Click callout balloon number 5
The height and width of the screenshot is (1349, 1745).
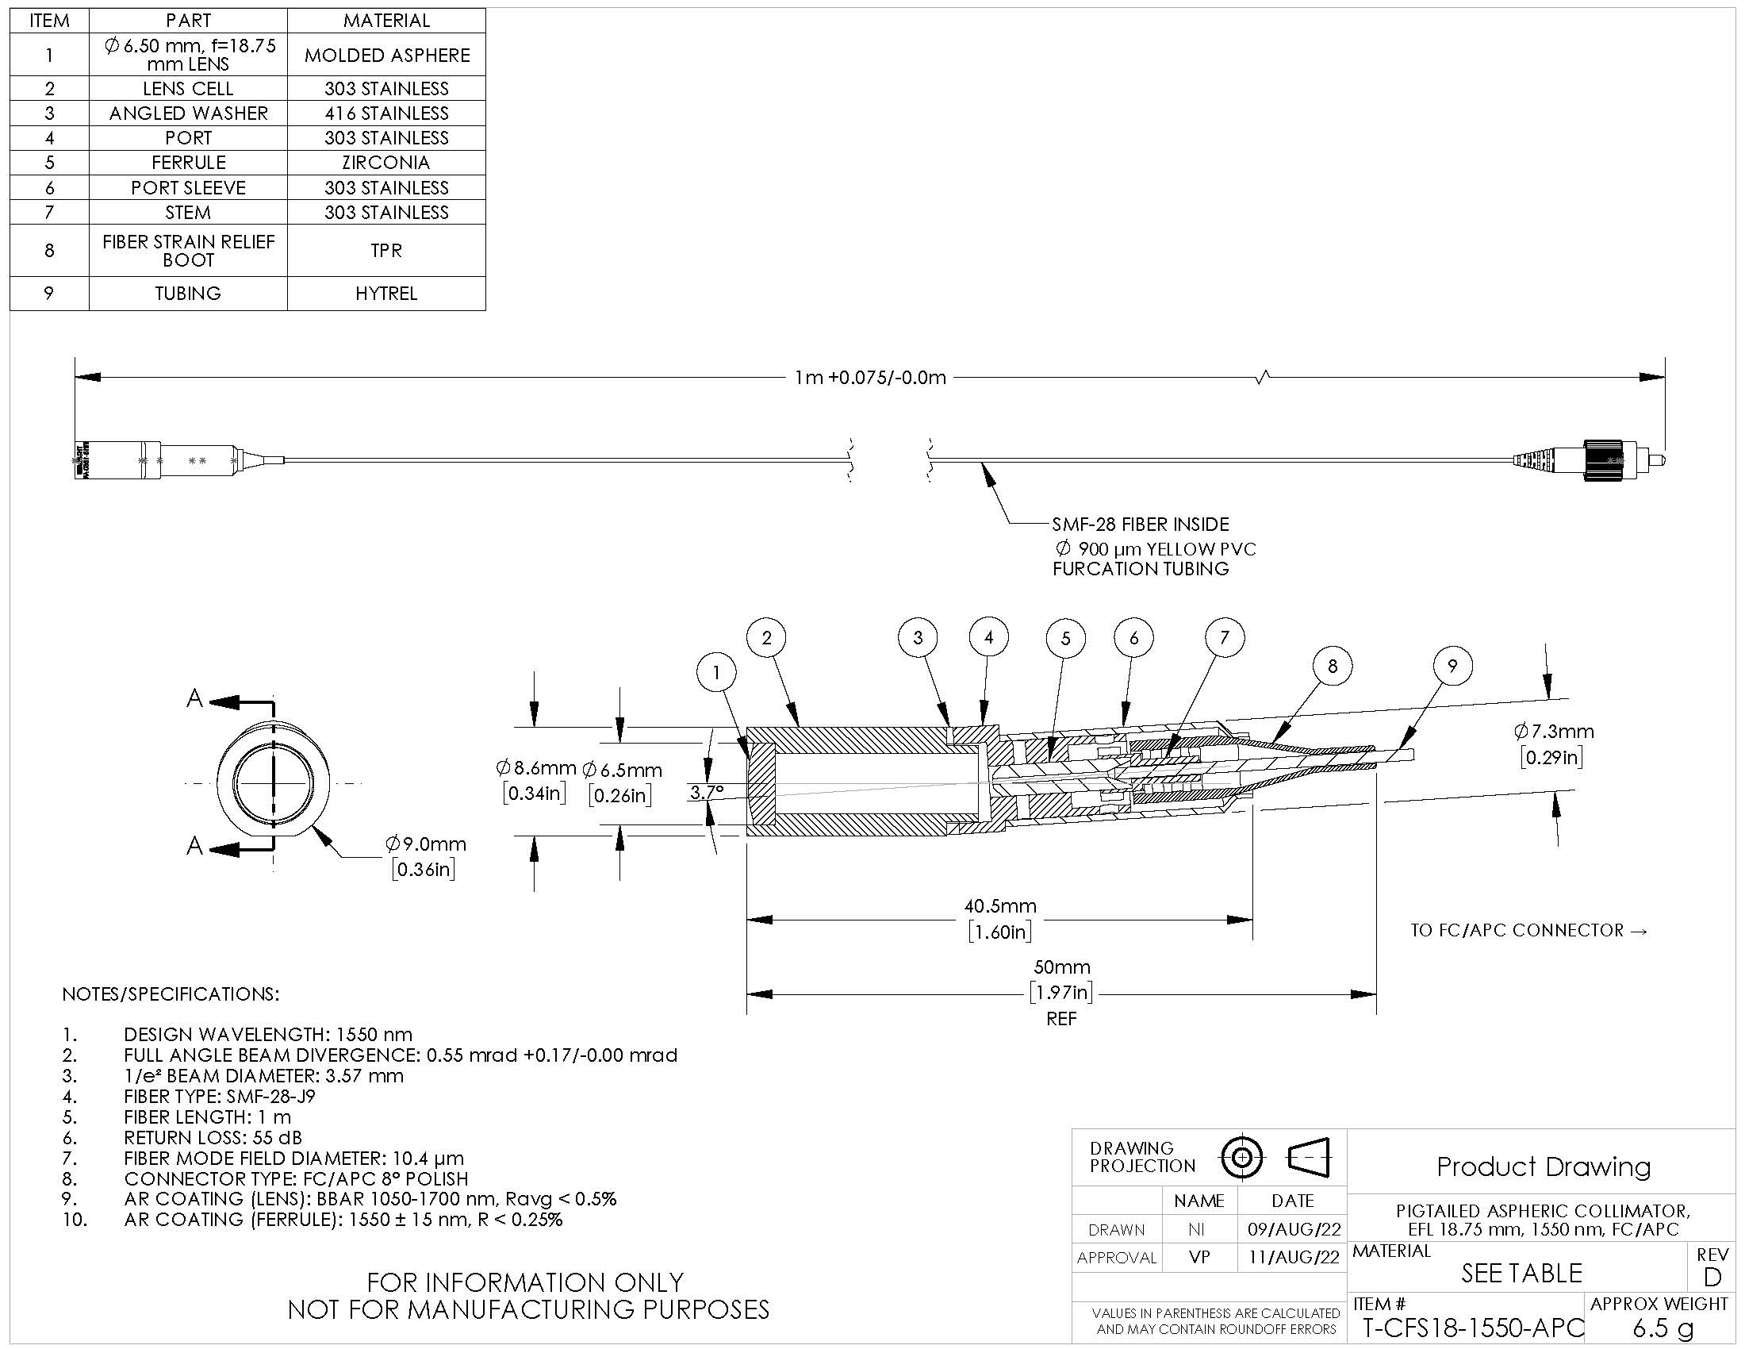click(1065, 639)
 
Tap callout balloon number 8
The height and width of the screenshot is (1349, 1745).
click(1332, 667)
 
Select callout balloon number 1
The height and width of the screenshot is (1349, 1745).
click(716, 673)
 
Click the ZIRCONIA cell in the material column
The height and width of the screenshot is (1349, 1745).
click(386, 162)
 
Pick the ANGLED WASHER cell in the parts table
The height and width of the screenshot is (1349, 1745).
click(189, 113)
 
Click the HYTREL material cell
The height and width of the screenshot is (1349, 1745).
click(386, 294)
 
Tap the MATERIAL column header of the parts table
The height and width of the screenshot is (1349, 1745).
click(386, 21)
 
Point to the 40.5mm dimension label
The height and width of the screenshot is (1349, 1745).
click(999, 906)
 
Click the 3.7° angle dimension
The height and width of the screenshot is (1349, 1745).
click(706, 793)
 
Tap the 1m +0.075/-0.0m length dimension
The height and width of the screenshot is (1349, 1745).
click(870, 377)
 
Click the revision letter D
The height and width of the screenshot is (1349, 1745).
click(1712, 1277)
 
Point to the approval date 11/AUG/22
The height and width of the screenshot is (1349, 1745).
click(1293, 1258)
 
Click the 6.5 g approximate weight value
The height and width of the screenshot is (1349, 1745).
click(1663, 1328)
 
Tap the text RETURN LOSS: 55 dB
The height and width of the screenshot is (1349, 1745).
click(213, 1137)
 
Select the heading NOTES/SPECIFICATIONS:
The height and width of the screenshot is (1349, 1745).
click(171, 994)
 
